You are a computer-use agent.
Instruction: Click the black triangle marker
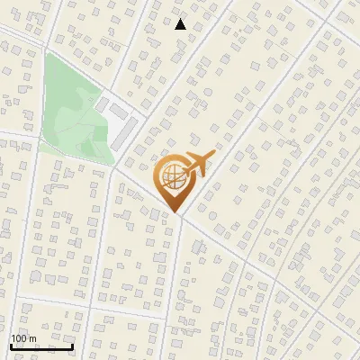pos(181,24)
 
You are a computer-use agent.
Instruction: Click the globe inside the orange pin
pos(175,178)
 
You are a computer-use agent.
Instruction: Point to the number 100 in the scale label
pos(20,338)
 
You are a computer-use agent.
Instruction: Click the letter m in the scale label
pos(33,338)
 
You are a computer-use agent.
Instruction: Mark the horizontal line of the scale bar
pos(41,346)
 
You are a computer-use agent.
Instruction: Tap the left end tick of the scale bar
pos(11,345)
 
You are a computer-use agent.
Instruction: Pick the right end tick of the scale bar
pos(73,345)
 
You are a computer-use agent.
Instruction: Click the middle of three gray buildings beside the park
pos(118,112)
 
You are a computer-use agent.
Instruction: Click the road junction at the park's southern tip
pos(115,166)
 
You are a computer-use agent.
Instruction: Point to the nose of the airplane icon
pos(215,155)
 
